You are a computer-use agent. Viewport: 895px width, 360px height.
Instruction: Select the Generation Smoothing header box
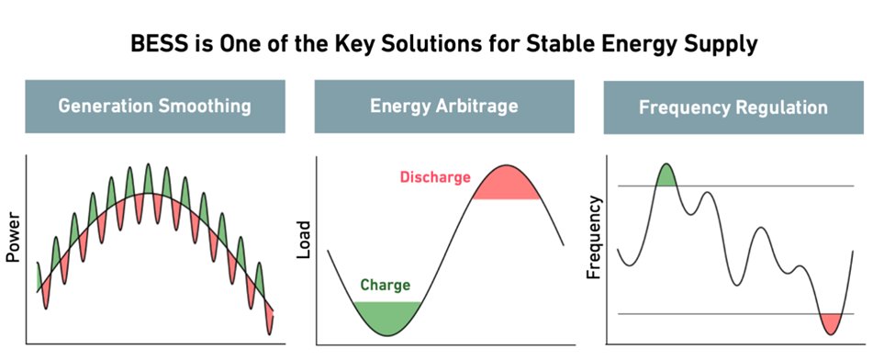pyautogui.click(x=154, y=107)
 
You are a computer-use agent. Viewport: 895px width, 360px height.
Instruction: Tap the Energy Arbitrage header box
pyautogui.click(x=444, y=107)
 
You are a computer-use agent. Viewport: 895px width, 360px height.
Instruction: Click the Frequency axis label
pyautogui.click(x=594, y=237)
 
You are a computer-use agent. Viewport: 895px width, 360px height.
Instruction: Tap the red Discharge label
pyautogui.click(x=435, y=176)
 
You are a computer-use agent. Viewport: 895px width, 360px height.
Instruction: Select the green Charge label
pyautogui.click(x=385, y=285)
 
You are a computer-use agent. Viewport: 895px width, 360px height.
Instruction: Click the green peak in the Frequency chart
pyautogui.click(x=666, y=176)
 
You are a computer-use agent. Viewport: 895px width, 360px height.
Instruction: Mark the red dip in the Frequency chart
pyautogui.click(x=831, y=321)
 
